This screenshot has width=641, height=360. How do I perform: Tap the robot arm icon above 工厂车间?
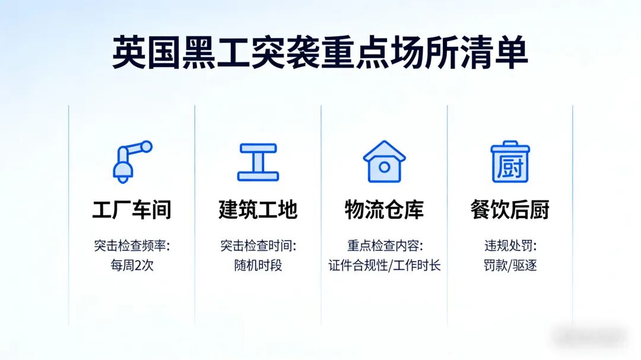click(132, 161)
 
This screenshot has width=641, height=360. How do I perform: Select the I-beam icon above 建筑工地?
click(258, 161)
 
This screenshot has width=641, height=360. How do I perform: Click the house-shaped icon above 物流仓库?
click(384, 161)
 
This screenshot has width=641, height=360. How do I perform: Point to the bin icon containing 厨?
click(510, 161)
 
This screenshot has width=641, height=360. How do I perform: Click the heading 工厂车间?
click(132, 210)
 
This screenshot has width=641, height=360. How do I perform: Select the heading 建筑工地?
click(258, 210)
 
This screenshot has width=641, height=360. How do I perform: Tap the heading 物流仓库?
click(384, 210)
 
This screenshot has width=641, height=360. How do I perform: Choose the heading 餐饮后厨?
click(510, 210)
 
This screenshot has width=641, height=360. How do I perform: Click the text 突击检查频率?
click(132, 246)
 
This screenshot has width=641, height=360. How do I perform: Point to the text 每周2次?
click(132, 265)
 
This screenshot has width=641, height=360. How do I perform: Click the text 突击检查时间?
click(258, 246)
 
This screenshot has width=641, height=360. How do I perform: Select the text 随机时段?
click(258, 265)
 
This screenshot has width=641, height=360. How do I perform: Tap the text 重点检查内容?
click(384, 246)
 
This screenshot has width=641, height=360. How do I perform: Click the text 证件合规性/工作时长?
click(384, 265)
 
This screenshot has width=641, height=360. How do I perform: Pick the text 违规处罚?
click(510, 246)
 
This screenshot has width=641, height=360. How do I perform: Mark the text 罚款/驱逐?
click(510, 265)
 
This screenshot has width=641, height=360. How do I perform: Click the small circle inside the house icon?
click(384, 167)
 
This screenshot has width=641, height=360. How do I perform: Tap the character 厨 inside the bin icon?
click(510, 167)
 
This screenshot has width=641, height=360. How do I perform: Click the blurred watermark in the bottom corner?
click(589, 336)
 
